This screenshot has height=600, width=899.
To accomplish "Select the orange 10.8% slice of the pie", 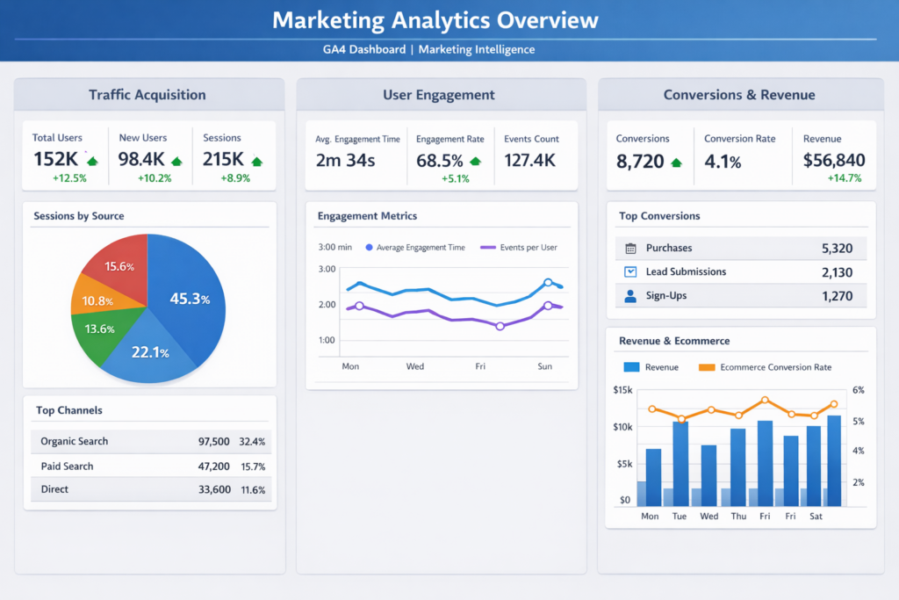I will (x=97, y=300).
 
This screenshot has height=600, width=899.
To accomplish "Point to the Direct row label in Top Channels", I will (x=54, y=489).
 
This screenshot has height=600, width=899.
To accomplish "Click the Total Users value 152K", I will (x=56, y=160).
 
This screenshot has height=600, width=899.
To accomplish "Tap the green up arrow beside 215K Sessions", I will (x=256, y=161).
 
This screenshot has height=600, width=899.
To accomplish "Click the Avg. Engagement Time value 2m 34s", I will (x=345, y=160).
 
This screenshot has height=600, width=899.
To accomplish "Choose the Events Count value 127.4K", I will (x=529, y=160).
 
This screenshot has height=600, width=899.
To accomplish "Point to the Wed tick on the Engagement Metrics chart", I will (x=414, y=366).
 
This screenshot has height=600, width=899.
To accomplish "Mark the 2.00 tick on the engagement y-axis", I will (x=327, y=305).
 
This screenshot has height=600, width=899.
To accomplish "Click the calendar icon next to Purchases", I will (x=630, y=249).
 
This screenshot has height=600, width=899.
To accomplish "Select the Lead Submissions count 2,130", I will (x=837, y=272).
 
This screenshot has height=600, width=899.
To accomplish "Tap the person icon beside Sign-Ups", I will (x=630, y=296).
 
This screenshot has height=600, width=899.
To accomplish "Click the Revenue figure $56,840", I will (x=834, y=160).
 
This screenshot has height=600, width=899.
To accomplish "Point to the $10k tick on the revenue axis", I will (x=622, y=427).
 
